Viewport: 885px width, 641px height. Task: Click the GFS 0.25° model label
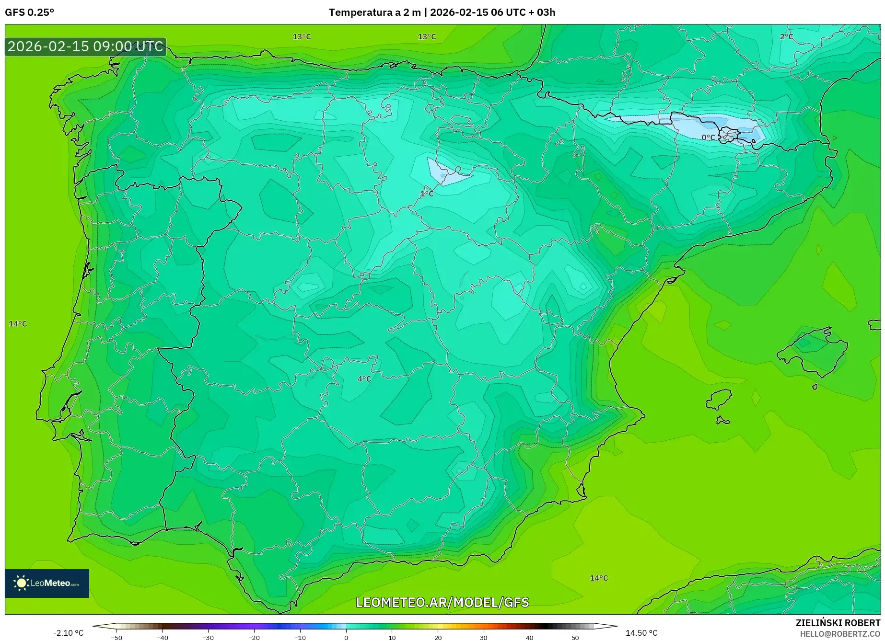[29, 12]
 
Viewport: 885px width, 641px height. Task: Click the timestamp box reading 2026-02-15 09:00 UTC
[85, 46]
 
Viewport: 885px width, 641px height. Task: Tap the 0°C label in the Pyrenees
[708, 137]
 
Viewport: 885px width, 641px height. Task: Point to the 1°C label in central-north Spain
[427, 194]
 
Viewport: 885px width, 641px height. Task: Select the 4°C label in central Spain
[364, 379]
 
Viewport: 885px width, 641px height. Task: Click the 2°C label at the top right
[786, 37]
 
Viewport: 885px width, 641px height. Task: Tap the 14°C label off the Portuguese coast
[18, 324]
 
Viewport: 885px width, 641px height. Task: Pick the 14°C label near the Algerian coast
[599, 578]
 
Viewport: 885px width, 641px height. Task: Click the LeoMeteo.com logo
[47, 583]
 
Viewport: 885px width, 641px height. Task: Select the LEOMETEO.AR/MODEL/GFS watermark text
[442, 602]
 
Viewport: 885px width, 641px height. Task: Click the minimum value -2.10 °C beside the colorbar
[68, 633]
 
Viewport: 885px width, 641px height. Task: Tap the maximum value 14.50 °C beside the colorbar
[641, 633]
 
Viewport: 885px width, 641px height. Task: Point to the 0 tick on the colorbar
[346, 638]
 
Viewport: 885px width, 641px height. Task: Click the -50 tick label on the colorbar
[116, 638]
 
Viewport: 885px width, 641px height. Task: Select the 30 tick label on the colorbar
[484, 638]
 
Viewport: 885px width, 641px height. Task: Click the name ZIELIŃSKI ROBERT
[838, 623]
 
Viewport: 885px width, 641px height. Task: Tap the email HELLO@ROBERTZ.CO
[839, 634]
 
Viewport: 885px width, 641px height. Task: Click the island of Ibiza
[719, 399]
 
